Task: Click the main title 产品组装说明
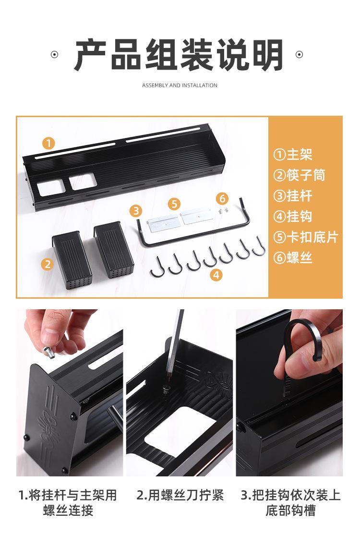pyautogui.click(x=179, y=56)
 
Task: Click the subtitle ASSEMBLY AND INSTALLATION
pyautogui.click(x=180, y=85)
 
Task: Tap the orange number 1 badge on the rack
pyautogui.click(x=48, y=143)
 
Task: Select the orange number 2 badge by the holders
pyautogui.click(x=47, y=264)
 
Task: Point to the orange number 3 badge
pyautogui.click(x=136, y=210)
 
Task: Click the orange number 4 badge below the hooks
pyautogui.click(x=216, y=275)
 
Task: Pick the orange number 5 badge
pyautogui.click(x=174, y=204)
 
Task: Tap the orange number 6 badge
pyautogui.click(x=222, y=198)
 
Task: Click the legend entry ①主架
pyautogui.click(x=293, y=155)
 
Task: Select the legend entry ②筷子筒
pyautogui.click(x=299, y=175)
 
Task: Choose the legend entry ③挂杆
pyautogui.click(x=293, y=196)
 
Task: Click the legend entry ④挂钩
pyautogui.click(x=293, y=217)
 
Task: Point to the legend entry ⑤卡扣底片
pyautogui.click(x=305, y=237)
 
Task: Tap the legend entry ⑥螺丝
pyautogui.click(x=293, y=258)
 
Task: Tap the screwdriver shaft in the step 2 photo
pyautogui.click(x=176, y=341)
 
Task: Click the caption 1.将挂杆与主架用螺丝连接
pyautogui.click(x=68, y=502)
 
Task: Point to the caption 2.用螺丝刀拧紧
pyautogui.click(x=180, y=495)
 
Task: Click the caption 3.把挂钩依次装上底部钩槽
pyautogui.click(x=290, y=502)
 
